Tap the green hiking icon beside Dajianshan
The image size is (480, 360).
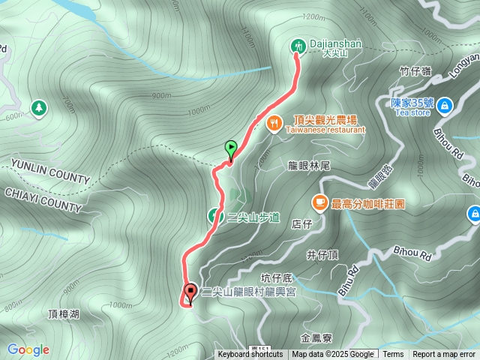(298, 46)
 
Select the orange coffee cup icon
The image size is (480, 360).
(319, 202)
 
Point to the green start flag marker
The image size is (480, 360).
(231, 148)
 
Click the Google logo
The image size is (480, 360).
(28, 349)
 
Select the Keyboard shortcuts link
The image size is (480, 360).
(250, 355)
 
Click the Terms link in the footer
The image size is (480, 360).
(393, 355)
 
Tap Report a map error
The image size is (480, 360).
(444, 355)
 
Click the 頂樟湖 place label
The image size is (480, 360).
(63, 313)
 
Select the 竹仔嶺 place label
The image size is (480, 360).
(415, 71)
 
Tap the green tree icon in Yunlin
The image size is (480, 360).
(38, 109)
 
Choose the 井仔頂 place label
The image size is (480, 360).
(323, 255)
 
